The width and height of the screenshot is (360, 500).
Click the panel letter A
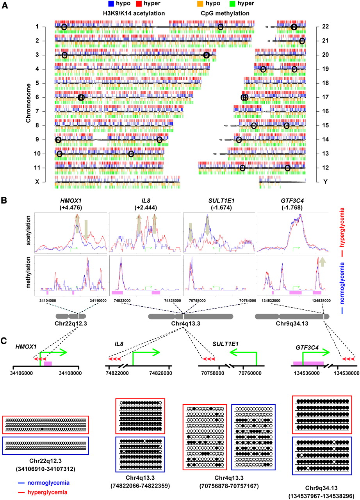coord(5,5)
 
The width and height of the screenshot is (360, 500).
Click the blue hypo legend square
coord(111,4)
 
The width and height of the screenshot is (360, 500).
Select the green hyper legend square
coord(232,4)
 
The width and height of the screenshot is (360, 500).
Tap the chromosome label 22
coord(325,27)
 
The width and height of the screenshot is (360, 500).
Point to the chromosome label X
coord(37,182)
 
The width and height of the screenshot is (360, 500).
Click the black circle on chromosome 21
coord(302,41)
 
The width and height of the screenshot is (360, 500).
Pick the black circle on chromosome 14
coord(239,140)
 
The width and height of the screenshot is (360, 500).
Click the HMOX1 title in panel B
coord(71,201)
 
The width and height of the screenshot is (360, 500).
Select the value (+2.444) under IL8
coord(146,207)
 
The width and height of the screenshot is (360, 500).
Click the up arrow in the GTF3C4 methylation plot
coord(322,262)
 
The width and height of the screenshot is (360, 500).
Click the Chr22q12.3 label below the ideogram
coord(71,323)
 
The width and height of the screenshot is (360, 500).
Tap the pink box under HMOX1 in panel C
coord(48,364)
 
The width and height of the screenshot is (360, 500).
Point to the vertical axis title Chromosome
coord(29,103)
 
